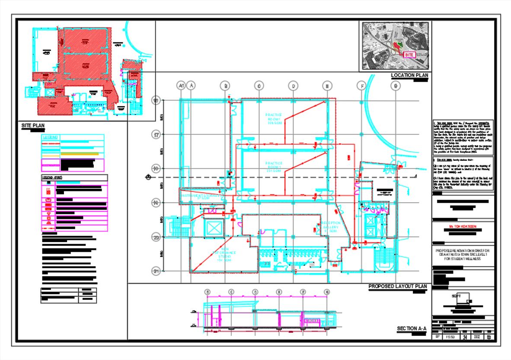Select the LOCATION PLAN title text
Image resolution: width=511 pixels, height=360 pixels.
click(409, 76)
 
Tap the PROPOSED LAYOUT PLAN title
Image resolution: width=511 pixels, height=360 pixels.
click(397, 287)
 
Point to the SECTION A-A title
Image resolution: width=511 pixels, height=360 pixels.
click(412, 329)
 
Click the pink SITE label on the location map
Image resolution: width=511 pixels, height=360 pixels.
click(409, 55)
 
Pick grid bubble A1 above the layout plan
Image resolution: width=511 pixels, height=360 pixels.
click(181, 86)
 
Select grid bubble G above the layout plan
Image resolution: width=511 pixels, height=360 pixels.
click(395, 86)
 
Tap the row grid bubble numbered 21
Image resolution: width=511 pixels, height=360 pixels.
click(156, 271)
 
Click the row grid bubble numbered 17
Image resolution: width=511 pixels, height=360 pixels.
click(156, 134)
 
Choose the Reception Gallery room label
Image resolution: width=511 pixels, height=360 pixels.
click(332, 227)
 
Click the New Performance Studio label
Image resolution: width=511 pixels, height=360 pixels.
click(224, 255)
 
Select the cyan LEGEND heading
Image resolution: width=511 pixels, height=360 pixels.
click(50, 137)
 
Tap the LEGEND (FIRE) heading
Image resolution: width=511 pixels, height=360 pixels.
click(53, 178)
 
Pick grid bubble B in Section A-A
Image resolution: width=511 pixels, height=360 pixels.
click(208, 292)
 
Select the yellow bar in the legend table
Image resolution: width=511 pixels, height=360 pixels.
click(80, 154)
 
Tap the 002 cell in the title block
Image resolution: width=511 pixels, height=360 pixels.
click(477, 337)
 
